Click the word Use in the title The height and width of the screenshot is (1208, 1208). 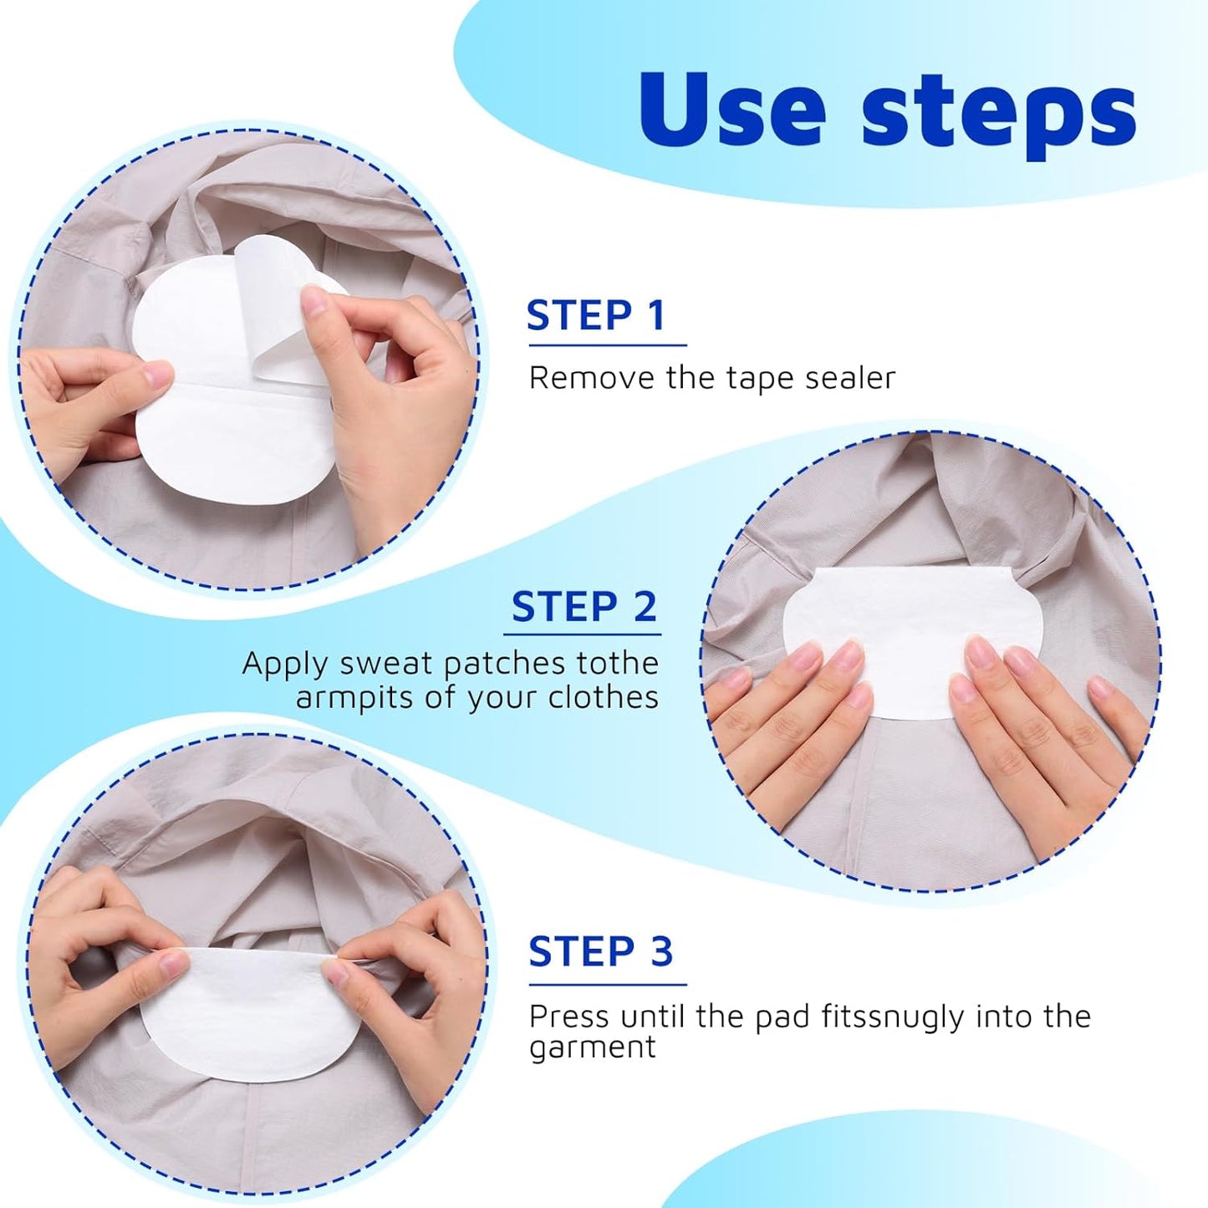click(732, 110)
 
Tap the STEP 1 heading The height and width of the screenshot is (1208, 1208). click(596, 315)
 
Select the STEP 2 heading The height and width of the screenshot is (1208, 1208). click(584, 607)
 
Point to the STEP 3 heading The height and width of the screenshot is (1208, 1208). click(600, 951)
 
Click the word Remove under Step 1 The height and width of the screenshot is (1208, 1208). click(592, 378)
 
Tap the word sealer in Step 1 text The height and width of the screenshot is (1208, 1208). click(849, 378)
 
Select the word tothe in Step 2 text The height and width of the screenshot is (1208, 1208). click(617, 663)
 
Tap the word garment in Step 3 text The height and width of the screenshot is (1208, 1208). click(592, 1048)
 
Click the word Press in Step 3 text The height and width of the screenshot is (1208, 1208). click(568, 1017)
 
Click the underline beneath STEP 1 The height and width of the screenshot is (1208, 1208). click(607, 344)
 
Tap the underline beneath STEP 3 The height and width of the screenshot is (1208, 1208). click(607, 985)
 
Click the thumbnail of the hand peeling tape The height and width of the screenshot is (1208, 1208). click(247, 359)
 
